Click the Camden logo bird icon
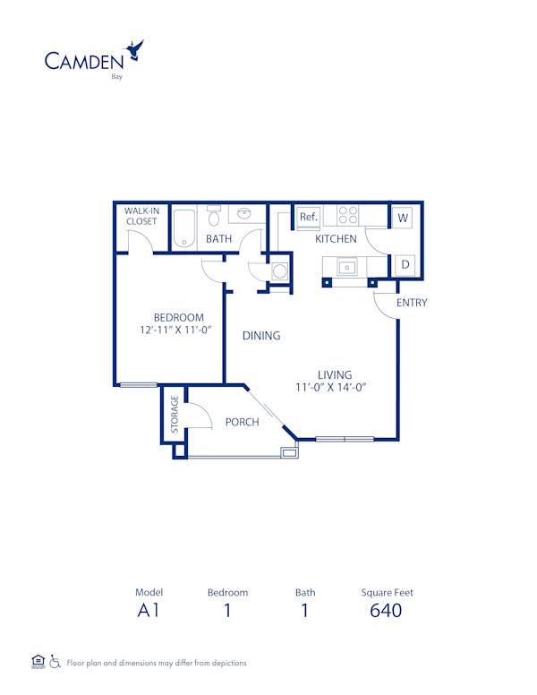(136, 49)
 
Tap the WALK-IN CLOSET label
(141, 216)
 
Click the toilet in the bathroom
(214, 218)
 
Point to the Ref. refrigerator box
(309, 217)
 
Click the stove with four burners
(347, 215)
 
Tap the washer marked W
(403, 217)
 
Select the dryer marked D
(405, 264)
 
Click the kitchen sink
(346, 266)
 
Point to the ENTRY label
(412, 303)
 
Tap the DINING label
(261, 336)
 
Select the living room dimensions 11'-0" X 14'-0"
(334, 388)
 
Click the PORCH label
(242, 423)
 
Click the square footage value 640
(386, 611)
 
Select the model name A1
(149, 611)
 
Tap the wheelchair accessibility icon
(55, 662)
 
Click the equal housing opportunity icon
(38, 662)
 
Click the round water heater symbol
(279, 270)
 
